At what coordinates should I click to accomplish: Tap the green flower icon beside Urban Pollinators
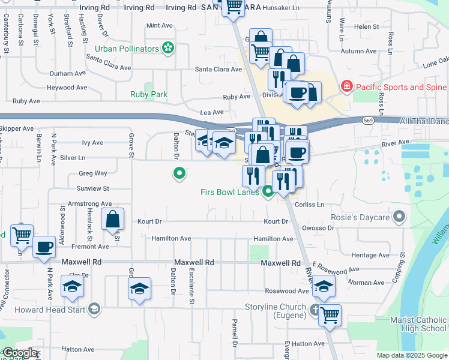click(x=168, y=48)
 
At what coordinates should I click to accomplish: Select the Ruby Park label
click(x=149, y=94)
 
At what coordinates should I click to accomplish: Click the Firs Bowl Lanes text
click(x=230, y=192)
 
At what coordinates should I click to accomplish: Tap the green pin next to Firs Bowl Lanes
click(x=268, y=192)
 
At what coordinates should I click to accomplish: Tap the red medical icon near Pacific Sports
click(x=346, y=87)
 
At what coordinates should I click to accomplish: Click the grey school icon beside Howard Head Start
click(x=94, y=308)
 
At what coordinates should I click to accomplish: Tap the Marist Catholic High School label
click(x=418, y=324)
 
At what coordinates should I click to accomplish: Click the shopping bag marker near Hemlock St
click(x=113, y=220)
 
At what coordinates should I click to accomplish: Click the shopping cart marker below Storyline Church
click(x=330, y=314)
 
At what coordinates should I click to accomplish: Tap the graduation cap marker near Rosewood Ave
click(x=324, y=288)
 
